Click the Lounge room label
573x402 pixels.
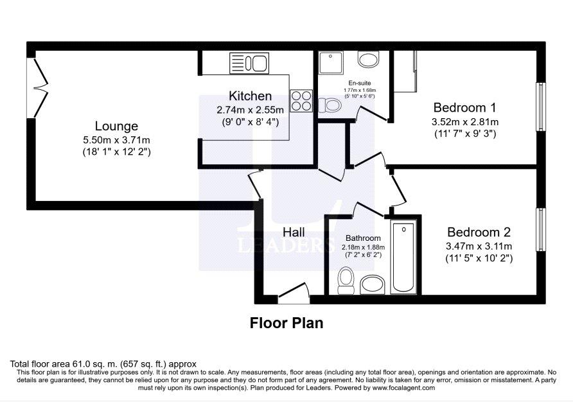coord(116,126)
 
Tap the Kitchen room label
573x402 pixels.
coord(251,96)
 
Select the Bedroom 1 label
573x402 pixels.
coord(465,108)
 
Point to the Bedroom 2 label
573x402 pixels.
coord(479,232)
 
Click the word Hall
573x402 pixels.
coord(294,232)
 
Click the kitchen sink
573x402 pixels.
coord(249,63)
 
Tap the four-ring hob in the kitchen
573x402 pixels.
coord(301,100)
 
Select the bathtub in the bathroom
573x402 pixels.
coord(403,257)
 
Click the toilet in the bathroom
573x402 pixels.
coord(346,281)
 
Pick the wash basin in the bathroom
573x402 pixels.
coord(373,285)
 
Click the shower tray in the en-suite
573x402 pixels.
coord(331,63)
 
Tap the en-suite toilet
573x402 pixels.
coord(330,105)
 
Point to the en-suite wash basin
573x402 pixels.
coord(368,59)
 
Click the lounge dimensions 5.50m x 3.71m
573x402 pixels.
coord(116,140)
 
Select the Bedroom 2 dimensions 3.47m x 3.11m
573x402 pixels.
coord(479,247)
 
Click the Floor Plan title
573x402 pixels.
coord(286,323)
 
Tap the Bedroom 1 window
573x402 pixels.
coord(541,107)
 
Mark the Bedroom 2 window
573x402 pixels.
coord(541,229)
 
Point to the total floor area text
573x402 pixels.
coord(103,364)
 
